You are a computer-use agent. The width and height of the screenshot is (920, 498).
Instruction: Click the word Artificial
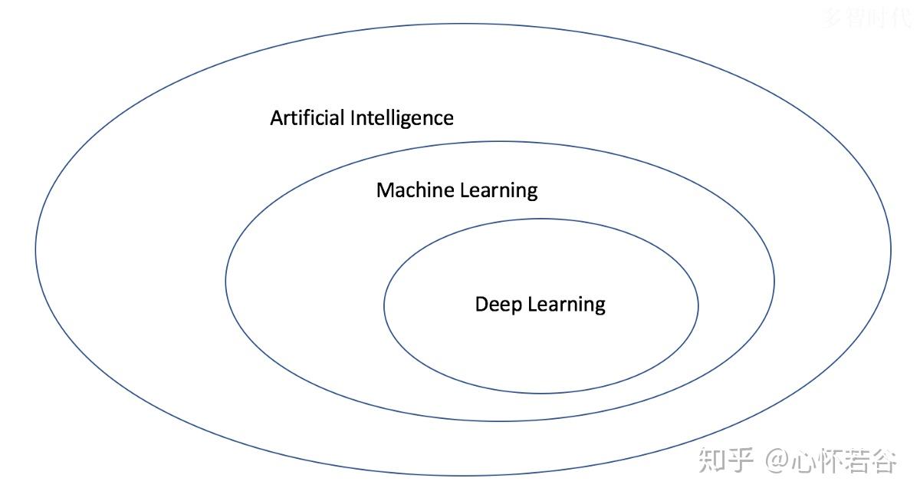tap(308, 118)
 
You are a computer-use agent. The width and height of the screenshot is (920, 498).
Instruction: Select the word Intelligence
tap(402, 119)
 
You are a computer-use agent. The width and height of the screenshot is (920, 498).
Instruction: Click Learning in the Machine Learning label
tap(498, 191)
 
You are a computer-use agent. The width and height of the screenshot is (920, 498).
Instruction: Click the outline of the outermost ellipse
tap(35, 249)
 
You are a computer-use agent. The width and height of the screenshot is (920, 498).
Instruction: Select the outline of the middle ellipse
tap(225, 281)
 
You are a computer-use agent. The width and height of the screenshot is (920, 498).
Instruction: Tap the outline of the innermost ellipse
tap(384, 305)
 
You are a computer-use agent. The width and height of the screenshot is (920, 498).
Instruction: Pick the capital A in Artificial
tap(277, 118)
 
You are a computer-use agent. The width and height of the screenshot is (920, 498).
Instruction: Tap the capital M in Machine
tap(385, 190)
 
